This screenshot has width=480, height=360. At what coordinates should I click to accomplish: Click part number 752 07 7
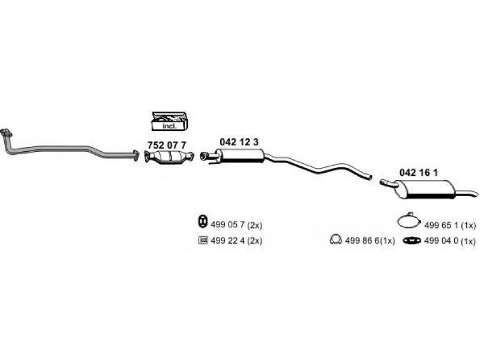(167, 145)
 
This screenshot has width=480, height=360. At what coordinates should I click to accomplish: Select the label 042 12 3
(239, 142)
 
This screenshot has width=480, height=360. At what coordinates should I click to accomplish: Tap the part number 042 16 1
(418, 173)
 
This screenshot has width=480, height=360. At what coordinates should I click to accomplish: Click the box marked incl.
(170, 121)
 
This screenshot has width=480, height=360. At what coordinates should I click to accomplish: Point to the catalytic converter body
(169, 157)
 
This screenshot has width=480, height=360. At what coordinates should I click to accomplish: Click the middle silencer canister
(242, 156)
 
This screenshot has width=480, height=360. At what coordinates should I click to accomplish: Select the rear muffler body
(425, 190)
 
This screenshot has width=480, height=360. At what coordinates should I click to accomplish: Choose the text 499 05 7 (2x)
(236, 225)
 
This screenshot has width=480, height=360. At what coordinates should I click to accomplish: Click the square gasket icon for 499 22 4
(203, 240)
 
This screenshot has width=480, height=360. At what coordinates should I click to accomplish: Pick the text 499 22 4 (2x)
(236, 241)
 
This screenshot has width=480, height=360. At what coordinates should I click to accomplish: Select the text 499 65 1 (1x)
(450, 226)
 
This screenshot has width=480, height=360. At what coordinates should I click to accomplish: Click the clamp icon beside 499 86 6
(335, 239)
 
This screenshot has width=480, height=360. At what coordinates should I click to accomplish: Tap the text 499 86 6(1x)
(370, 241)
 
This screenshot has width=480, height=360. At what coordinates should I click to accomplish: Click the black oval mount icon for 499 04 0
(412, 241)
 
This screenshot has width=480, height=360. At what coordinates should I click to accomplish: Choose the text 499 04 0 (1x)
(450, 241)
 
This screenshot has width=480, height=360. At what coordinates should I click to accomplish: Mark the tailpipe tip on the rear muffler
(476, 193)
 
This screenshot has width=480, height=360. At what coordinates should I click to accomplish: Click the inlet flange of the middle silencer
(203, 155)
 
